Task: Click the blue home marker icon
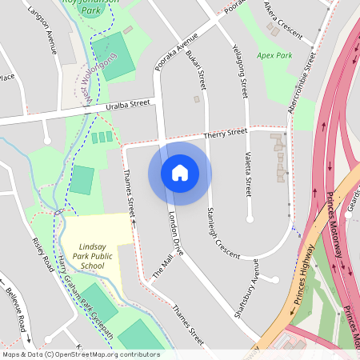point(180,173)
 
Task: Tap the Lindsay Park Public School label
point(93,257)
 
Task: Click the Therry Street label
point(225,134)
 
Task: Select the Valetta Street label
point(248,175)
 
